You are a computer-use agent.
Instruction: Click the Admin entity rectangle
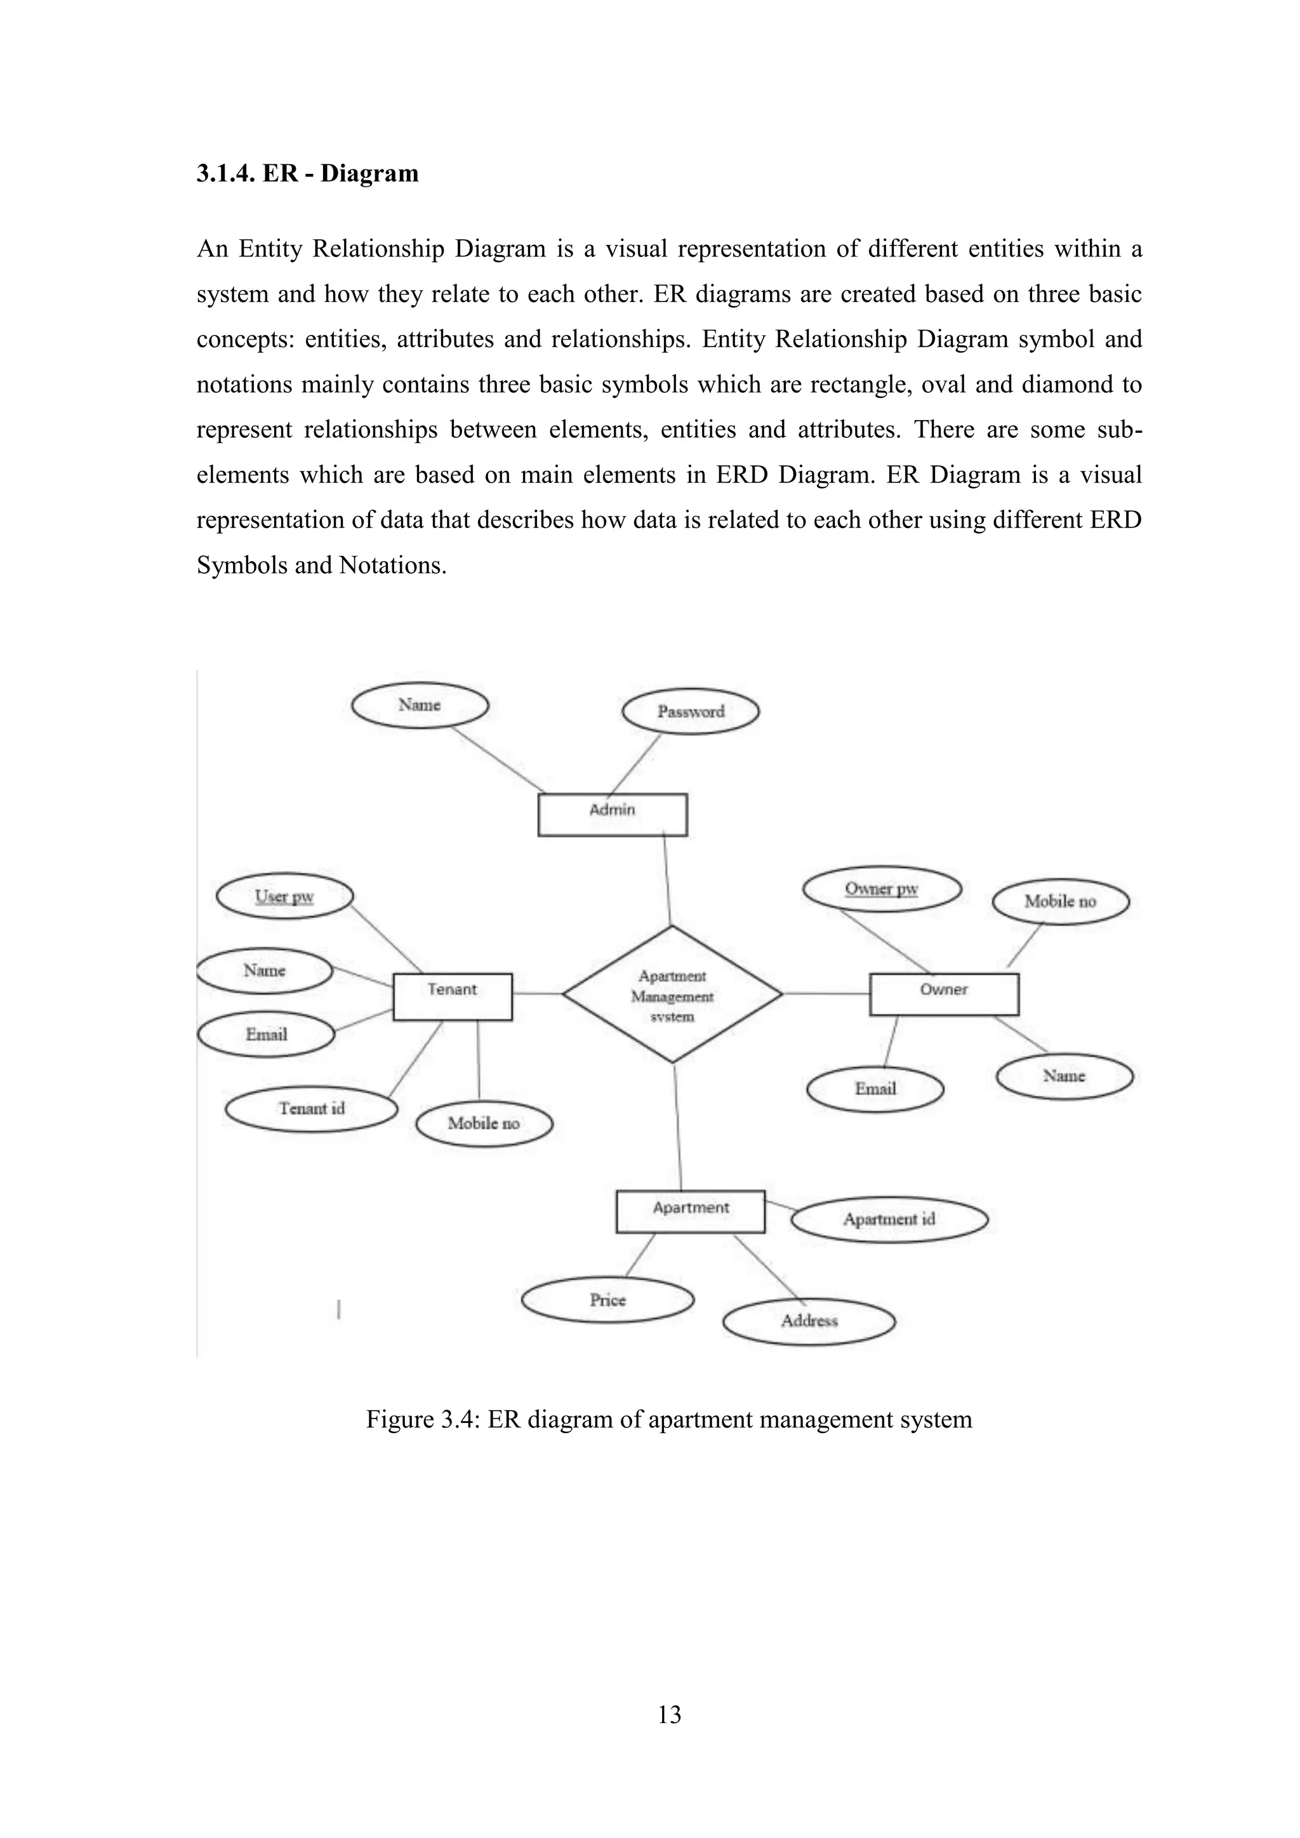click(613, 814)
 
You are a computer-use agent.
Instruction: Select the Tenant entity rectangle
click(453, 996)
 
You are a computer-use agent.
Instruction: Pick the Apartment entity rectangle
click(690, 1211)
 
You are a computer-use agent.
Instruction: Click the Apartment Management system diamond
click(672, 995)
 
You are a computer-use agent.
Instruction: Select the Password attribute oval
click(690, 711)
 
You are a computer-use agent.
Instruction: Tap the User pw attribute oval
click(284, 897)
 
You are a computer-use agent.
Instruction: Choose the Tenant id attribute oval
click(312, 1109)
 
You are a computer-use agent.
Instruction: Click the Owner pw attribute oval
click(881, 889)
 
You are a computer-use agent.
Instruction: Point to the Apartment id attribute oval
click(889, 1219)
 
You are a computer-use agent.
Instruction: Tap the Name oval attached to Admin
click(420, 705)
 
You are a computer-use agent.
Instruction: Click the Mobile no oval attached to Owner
click(1060, 901)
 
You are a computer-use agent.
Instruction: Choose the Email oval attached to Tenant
click(266, 1035)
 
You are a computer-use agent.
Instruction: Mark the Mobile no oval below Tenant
click(484, 1124)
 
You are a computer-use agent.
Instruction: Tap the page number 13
click(669, 1715)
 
